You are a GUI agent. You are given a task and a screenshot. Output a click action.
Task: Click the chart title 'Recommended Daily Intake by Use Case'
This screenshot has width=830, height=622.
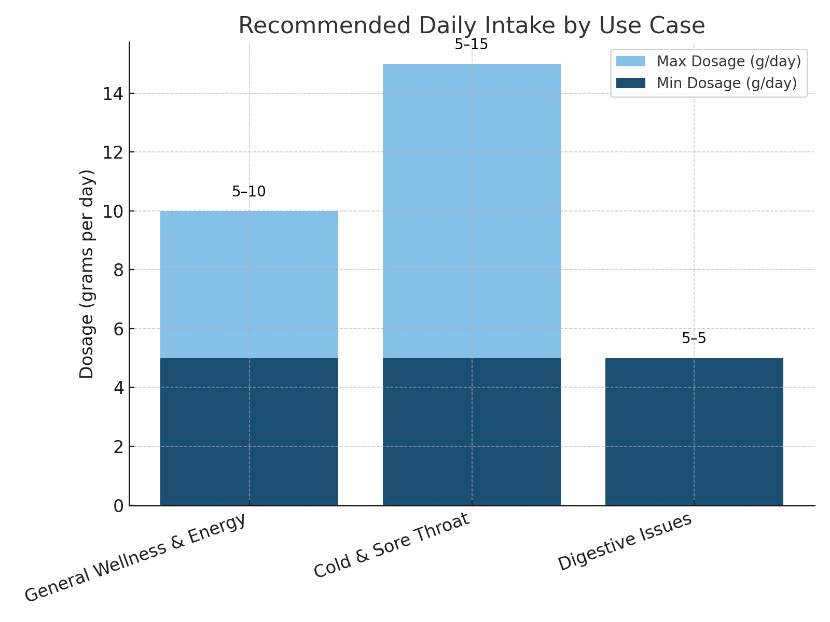coord(471,26)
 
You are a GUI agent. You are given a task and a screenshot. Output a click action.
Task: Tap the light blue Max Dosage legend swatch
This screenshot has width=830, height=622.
coord(630,61)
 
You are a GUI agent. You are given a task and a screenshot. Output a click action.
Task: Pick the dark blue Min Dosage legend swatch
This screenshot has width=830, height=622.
coord(630,83)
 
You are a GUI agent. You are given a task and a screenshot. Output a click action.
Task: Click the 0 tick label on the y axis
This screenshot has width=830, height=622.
coord(119,505)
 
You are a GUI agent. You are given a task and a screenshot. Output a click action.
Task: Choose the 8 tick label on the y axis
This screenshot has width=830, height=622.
coord(119,270)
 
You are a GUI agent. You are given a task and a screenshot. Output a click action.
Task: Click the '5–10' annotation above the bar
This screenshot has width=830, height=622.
coord(248,192)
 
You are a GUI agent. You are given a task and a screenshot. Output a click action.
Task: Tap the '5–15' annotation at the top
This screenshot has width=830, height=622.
coord(471,45)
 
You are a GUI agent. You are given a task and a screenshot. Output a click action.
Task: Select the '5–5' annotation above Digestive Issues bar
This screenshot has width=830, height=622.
coord(694,338)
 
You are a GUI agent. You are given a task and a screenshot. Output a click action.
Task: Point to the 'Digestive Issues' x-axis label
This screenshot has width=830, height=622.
coord(625,542)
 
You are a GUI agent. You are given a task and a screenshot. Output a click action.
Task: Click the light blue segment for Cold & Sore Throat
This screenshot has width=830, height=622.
coord(472,207)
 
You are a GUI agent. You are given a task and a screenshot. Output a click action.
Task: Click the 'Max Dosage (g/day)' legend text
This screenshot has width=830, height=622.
coord(728,61)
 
